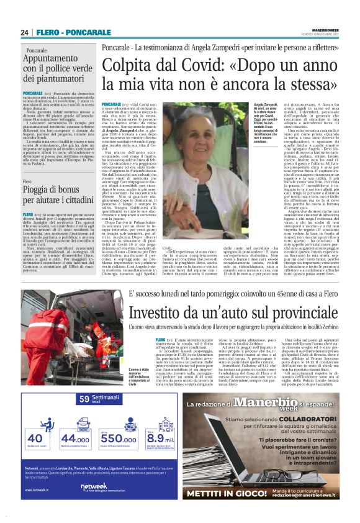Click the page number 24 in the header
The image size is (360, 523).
pyautogui.click(x=24, y=32)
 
